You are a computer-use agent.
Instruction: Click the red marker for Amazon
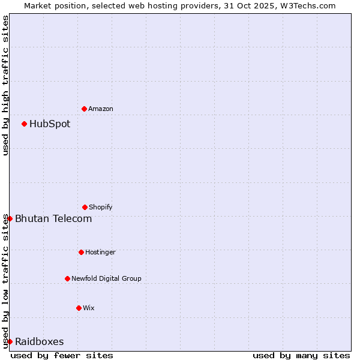(x=84, y=109)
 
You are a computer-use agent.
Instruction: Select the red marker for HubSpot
(x=24, y=124)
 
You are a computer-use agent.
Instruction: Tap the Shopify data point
(x=85, y=207)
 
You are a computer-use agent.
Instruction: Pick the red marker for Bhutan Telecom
(x=10, y=218)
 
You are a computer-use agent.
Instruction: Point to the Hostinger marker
(x=81, y=252)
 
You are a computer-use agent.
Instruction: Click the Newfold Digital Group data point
(x=67, y=278)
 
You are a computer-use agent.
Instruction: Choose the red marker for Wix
(x=79, y=308)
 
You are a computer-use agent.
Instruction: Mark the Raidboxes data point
(x=10, y=341)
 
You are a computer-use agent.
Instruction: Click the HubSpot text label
(x=50, y=124)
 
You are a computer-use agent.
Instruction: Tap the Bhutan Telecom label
(x=53, y=218)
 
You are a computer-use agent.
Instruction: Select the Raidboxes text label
(x=40, y=342)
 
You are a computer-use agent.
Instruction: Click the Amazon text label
(x=101, y=109)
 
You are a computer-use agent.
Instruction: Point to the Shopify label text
(x=101, y=207)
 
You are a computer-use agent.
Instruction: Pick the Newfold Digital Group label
(x=107, y=278)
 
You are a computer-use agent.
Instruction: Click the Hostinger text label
(x=100, y=252)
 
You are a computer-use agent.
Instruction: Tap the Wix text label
(x=89, y=308)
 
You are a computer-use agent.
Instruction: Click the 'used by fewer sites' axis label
(x=62, y=355)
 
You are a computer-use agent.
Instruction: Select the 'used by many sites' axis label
(x=301, y=355)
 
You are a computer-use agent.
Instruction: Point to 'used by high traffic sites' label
(x=5, y=86)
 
